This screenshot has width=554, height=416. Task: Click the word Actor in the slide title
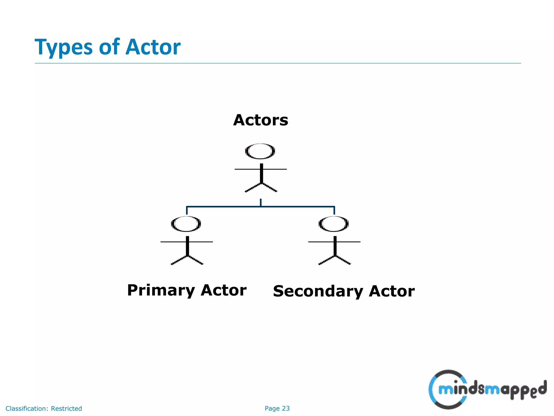(x=153, y=47)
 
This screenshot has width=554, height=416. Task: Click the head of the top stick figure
(x=260, y=151)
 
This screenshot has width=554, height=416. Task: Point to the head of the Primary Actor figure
(x=186, y=224)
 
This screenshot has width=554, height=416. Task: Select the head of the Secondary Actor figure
(x=334, y=224)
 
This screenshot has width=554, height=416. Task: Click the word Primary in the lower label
(x=161, y=291)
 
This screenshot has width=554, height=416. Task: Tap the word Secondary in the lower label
(x=318, y=292)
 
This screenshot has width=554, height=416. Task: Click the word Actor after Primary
(x=223, y=290)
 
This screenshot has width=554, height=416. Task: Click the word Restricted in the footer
(x=66, y=408)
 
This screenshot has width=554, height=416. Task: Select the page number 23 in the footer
(x=286, y=408)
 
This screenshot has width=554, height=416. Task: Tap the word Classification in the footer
(x=27, y=408)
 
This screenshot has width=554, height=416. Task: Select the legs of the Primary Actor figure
(x=187, y=260)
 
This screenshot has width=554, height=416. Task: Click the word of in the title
(x=109, y=47)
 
